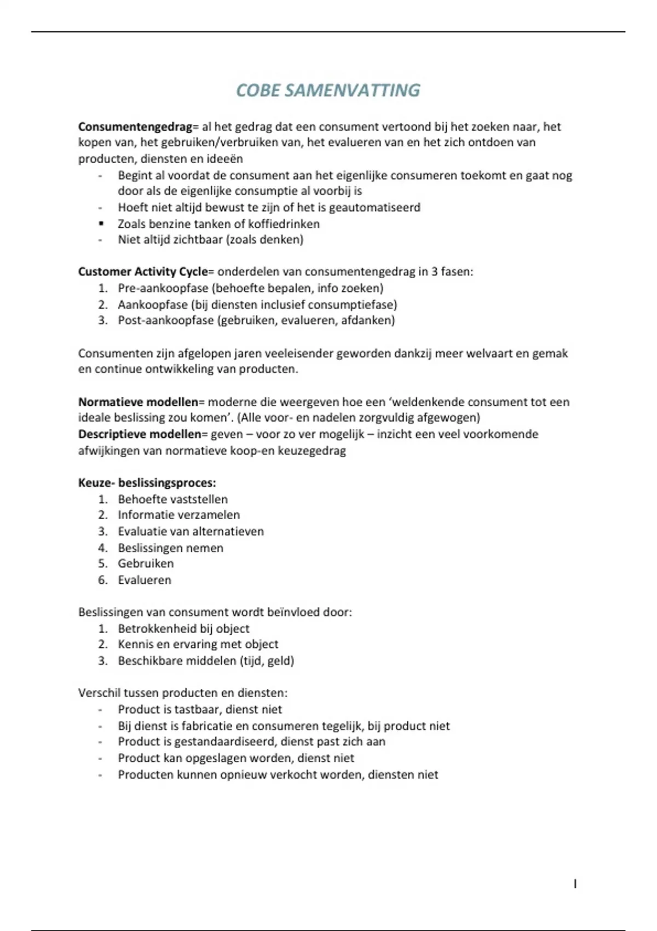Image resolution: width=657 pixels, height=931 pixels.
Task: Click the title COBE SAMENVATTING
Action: (328, 90)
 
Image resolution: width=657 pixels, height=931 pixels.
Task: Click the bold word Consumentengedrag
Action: (135, 127)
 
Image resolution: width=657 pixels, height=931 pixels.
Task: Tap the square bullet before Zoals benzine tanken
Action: (101, 223)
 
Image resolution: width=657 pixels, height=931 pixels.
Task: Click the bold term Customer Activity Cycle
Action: (143, 272)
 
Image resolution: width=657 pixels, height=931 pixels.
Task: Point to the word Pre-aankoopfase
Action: (163, 288)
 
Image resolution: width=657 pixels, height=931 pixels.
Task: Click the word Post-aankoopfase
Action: (166, 320)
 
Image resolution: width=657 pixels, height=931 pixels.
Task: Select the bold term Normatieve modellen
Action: (138, 402)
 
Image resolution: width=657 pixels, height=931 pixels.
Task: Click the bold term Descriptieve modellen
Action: (140, 434)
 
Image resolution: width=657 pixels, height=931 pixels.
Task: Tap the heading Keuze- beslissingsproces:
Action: (147, 483)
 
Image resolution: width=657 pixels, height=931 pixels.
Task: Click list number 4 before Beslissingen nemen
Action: (103, 548)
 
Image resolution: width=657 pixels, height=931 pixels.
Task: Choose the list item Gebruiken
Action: (146, 564)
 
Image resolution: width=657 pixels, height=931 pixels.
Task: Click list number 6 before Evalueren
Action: (103, 580)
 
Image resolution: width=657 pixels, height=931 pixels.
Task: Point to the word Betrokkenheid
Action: (149, 629)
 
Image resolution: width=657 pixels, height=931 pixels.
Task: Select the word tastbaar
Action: (198, 710)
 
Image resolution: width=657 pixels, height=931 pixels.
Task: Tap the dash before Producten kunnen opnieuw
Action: (101, 775)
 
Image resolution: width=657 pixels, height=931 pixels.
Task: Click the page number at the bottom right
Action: (575, 884)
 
